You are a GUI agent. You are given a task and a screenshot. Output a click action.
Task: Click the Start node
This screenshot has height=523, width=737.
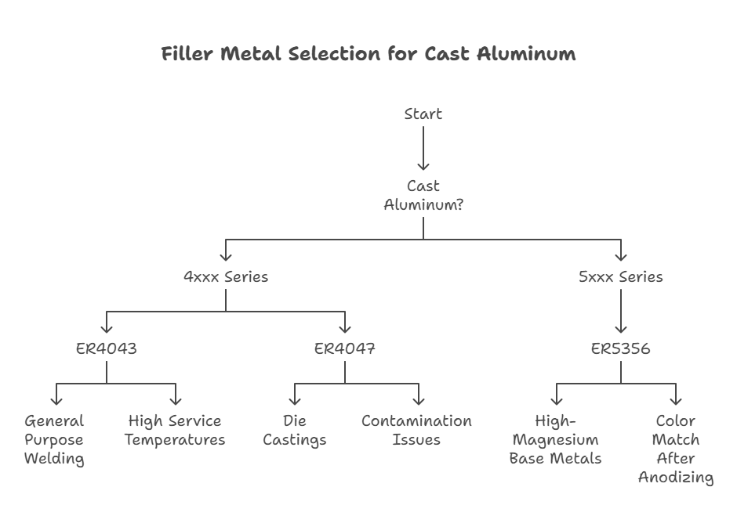[423, 114]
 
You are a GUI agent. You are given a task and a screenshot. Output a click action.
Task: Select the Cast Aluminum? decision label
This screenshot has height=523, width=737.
[423, 195]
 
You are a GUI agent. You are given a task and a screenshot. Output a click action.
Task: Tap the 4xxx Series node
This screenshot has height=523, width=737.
[226, 277]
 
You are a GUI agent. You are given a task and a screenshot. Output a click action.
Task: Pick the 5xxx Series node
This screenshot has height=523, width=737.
[620, 277]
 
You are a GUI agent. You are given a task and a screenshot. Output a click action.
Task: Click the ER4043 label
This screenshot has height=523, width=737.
[107, 349]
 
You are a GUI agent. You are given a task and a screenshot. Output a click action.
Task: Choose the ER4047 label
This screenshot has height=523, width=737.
[345, 349]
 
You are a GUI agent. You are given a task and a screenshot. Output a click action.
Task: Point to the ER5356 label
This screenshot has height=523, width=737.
[620, 349]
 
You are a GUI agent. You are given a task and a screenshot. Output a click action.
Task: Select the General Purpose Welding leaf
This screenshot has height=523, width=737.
[54, 440]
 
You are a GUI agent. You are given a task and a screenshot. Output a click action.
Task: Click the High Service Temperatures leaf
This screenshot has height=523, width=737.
[175, 431]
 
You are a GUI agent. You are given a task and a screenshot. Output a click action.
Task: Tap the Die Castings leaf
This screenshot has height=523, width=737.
[295, 431]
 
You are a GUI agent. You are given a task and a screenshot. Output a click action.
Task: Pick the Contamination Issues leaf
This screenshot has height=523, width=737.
[416, 431]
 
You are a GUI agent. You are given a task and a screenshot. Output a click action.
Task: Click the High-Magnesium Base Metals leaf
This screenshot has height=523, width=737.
[556, 440]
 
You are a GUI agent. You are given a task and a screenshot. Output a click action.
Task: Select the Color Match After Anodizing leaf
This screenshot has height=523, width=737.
[676, 449]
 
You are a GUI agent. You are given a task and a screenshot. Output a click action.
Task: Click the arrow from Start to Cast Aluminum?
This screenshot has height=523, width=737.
[423, 148]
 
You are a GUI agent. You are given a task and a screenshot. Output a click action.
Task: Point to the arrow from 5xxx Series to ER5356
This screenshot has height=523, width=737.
[621, 311]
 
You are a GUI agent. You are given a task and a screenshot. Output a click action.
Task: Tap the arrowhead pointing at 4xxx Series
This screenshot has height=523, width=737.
[226, 257]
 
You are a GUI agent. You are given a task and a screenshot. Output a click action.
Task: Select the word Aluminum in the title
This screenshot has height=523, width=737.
[526, 53]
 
